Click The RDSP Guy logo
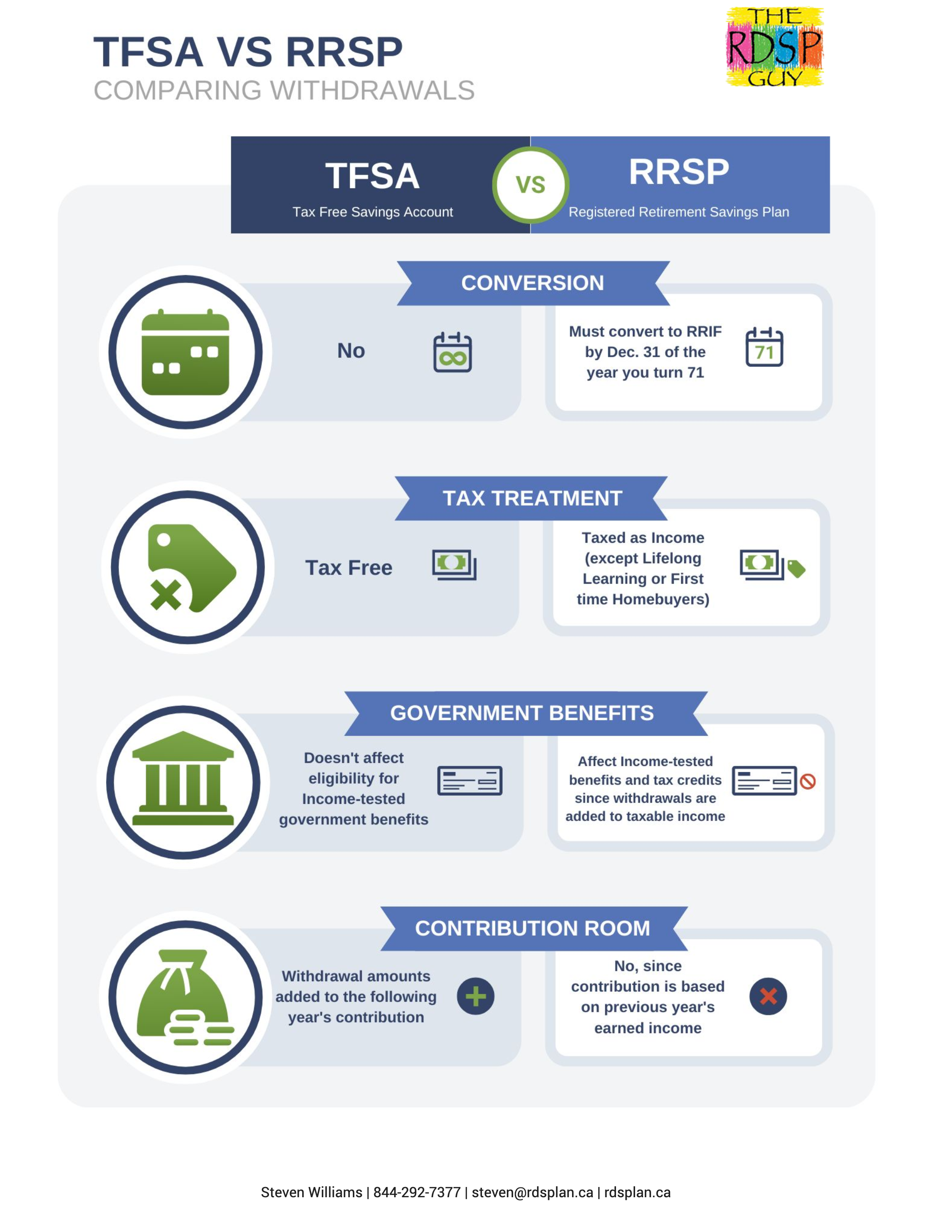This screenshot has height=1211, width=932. [774, 47]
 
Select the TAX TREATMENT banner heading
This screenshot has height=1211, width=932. [532, 498]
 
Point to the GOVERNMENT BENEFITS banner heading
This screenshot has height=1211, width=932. [522, 713]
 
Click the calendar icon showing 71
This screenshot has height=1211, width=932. [764, 347]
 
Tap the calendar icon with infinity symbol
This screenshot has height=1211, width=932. [452, 352]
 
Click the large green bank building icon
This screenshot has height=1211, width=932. [183, 778]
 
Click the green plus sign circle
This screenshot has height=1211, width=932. [476, 996]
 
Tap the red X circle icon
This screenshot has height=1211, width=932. [768, 996]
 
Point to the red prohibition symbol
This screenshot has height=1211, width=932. [808, 781]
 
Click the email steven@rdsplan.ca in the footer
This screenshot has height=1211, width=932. [532, 1192]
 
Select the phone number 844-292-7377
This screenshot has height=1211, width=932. [417, 1192]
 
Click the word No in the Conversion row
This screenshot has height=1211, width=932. [351, 351]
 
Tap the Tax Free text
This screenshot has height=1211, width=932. [349, 568]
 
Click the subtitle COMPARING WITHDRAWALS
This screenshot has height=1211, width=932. [284, 91]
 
